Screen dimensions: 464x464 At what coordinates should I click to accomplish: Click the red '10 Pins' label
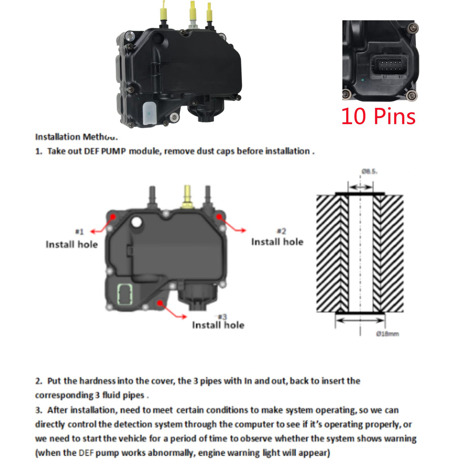378,116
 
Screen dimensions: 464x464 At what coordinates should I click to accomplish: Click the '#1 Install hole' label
72,240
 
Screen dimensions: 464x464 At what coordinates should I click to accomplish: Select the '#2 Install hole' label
277,237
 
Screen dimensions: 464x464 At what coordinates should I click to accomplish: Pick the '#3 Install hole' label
218,322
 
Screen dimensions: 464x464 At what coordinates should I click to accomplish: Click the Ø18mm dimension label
387,334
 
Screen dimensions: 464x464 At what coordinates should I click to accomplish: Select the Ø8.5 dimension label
369,171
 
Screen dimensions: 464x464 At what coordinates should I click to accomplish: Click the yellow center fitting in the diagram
188,196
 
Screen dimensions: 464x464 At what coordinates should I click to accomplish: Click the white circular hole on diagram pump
136,222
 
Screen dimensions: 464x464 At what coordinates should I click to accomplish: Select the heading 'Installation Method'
76,137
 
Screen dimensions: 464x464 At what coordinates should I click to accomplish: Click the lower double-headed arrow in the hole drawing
360,320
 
